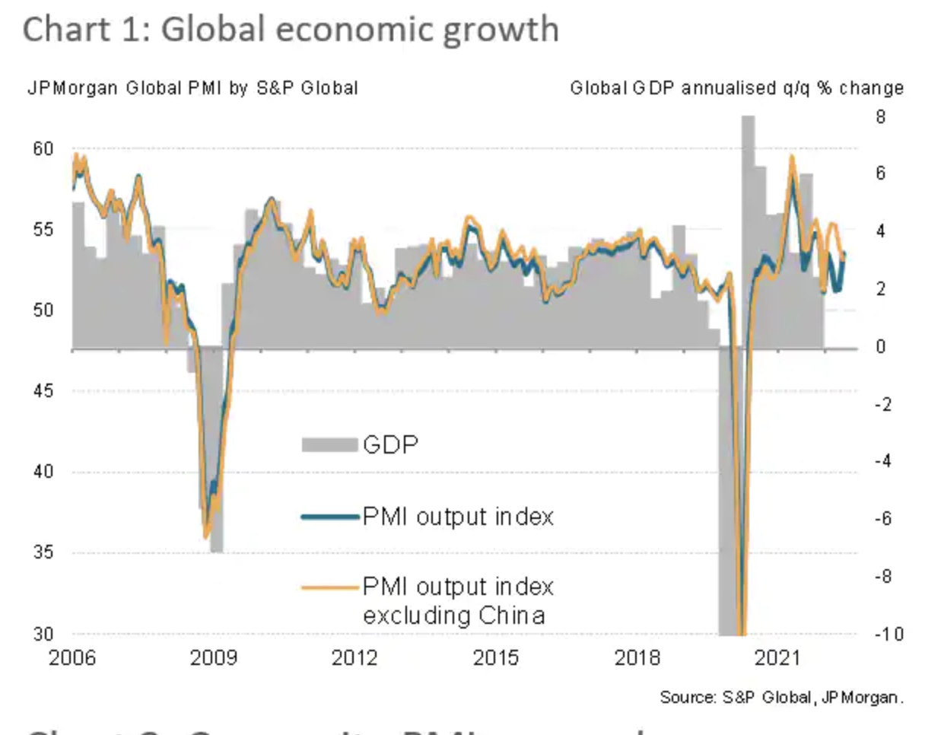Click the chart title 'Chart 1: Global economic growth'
[291, 30]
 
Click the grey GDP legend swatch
[329, 444]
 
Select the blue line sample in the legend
[329, 517]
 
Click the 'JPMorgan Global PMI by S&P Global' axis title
[192, 88]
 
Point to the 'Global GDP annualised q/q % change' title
[736, 88]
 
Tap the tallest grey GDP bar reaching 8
[748, 228]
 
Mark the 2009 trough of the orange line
[205, 536]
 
